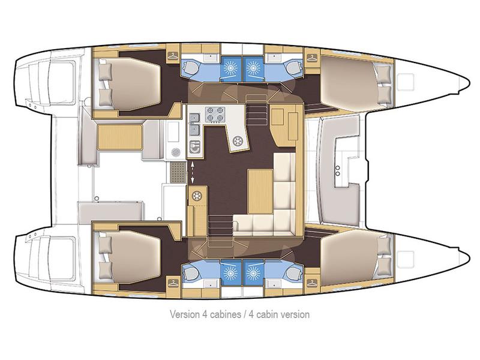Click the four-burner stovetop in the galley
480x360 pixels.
[x=215, y=113]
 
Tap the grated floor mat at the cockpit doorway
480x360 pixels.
[x=178, y=173]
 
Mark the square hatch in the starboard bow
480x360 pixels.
[x=409, y=257]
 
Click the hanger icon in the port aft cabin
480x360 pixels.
[x=173, y=57]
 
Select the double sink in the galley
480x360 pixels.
[x=194, y=127]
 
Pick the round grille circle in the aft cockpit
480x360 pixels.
[x=176, y=152]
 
